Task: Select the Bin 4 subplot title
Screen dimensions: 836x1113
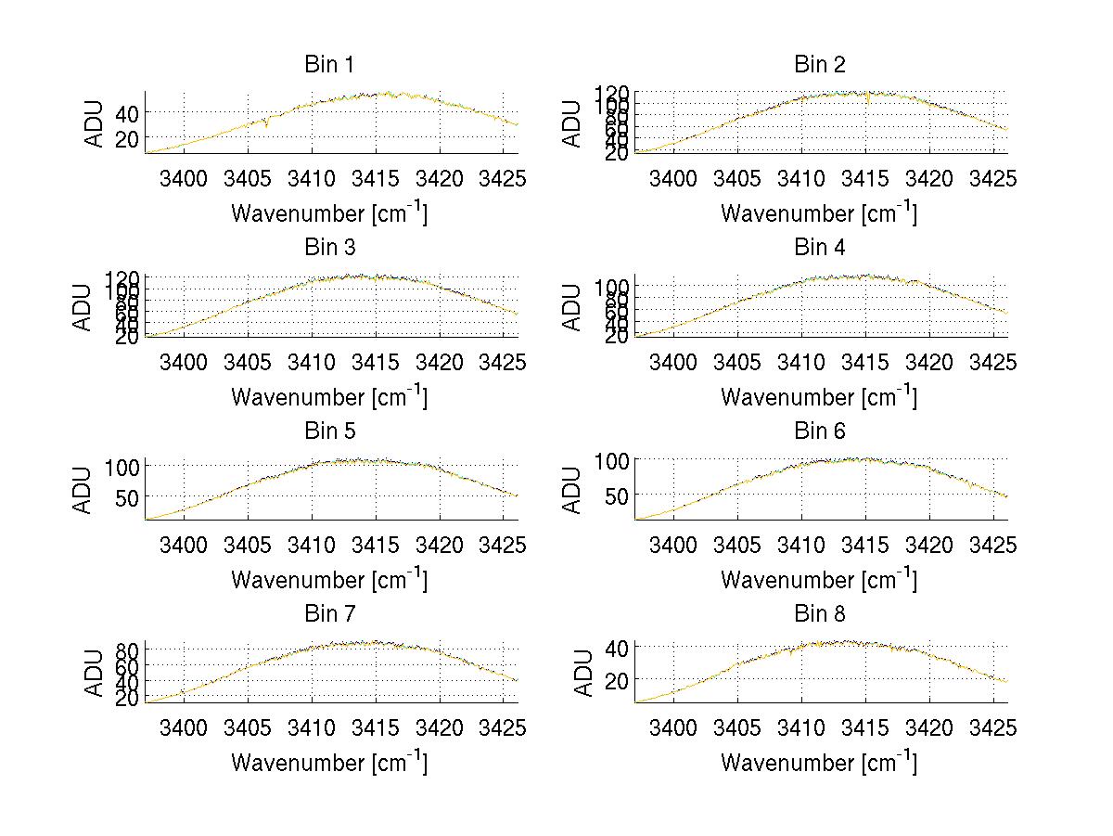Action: coord(819,248)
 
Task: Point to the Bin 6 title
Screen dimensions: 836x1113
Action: coord(819,431)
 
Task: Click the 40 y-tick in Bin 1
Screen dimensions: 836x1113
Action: coord(126,113)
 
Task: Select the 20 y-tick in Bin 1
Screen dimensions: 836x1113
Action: coord(126,138)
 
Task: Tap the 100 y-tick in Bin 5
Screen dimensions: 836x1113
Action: coord(122,466)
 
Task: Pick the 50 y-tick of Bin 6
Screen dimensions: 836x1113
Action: coord(616,495)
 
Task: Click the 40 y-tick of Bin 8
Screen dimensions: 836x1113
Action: coord(616,646)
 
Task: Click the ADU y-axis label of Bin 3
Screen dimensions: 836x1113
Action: coord(84,307)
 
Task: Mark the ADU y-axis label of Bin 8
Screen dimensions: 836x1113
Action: coord(574,674)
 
